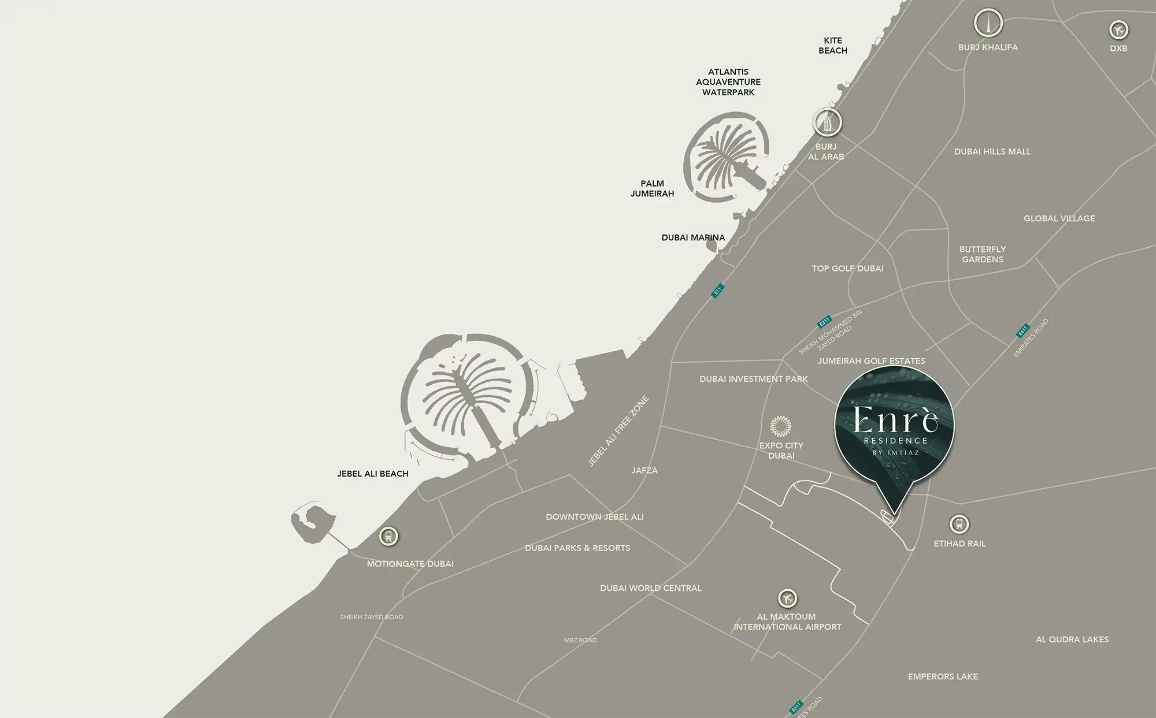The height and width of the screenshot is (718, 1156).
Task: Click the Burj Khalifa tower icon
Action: pyautogui.click(x=988, y=24)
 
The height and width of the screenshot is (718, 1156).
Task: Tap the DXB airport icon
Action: pyautogui.click(x=1118, y=29)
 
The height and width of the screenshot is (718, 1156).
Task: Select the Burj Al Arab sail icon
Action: pyautogui.click(x=827, y=122)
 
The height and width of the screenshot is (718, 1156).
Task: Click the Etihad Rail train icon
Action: pyautogui.click(x=959, y=524)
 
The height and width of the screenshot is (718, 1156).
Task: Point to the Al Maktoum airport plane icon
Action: pyautogui.click(x=787, y=598)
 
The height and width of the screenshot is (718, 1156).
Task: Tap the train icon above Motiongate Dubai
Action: pyautogui.click(x=388, y=537)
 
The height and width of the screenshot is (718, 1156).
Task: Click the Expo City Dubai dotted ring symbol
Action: pyautogui.click(x=781, y=426)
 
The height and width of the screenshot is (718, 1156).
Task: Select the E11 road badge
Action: pyautogui.click(x=717, y=291)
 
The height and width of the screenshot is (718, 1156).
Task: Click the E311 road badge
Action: pyautogui.click(x=824, y=321)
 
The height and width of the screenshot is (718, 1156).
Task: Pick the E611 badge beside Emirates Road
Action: pyautogui.click(x=1023, y=331)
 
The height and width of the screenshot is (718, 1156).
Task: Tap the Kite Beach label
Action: pyautogui.click(x=833, y=46)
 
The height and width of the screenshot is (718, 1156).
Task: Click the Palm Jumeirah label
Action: pyautogui.click(x=652, y=188)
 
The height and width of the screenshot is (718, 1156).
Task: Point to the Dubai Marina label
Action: pyautogui.click(x=693, y=237)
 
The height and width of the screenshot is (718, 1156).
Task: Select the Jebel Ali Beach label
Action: pyautogui.click(x=373, y=474)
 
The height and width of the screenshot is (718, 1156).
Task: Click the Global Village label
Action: pyautogui.click(x=1059, y=218)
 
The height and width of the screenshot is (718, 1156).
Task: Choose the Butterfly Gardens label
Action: pyautogui.click(x=983, y=254)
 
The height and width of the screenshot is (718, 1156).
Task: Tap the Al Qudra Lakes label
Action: pyautogui.click(x=1072, y=639)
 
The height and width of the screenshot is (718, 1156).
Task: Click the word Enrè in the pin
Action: pyautogui.click(x=895, y=419)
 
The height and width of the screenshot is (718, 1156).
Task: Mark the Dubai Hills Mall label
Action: pyautogui.click(x=992, y=151)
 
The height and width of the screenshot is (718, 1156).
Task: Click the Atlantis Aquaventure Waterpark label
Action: pyautogui.click(x=728, y=82)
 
